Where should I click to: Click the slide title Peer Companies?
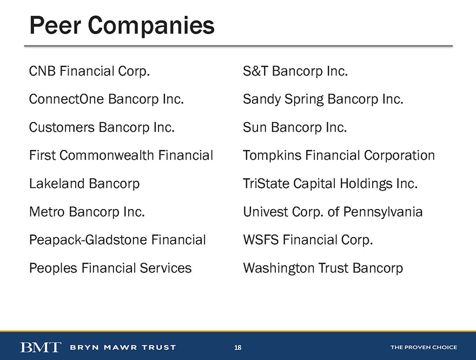[x=122, y=26]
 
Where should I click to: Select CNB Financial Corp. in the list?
[x=90, y=71]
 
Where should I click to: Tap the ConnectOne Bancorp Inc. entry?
[x=107, y=100]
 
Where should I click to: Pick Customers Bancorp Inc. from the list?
[x=102, y=128]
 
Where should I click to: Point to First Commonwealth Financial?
[x=121, y=155]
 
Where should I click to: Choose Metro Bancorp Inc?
[x=87, y=212]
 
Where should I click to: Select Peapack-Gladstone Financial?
[x=117, y=240]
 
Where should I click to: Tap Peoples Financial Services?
[x=110, y=268]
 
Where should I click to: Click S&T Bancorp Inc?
[x=295, y=71]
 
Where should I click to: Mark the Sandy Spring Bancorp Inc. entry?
[x=323, y=100]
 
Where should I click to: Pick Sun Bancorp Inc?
[x=295, y=127]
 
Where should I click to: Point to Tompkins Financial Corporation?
[x=339, y=156]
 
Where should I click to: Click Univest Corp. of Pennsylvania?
[x=333, y=212]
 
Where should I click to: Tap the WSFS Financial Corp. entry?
[x=308, y=240]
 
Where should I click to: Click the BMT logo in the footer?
[x=41, y=347]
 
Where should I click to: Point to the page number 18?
[x=237, y=348]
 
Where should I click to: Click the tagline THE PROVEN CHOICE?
[x=424, y=347]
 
